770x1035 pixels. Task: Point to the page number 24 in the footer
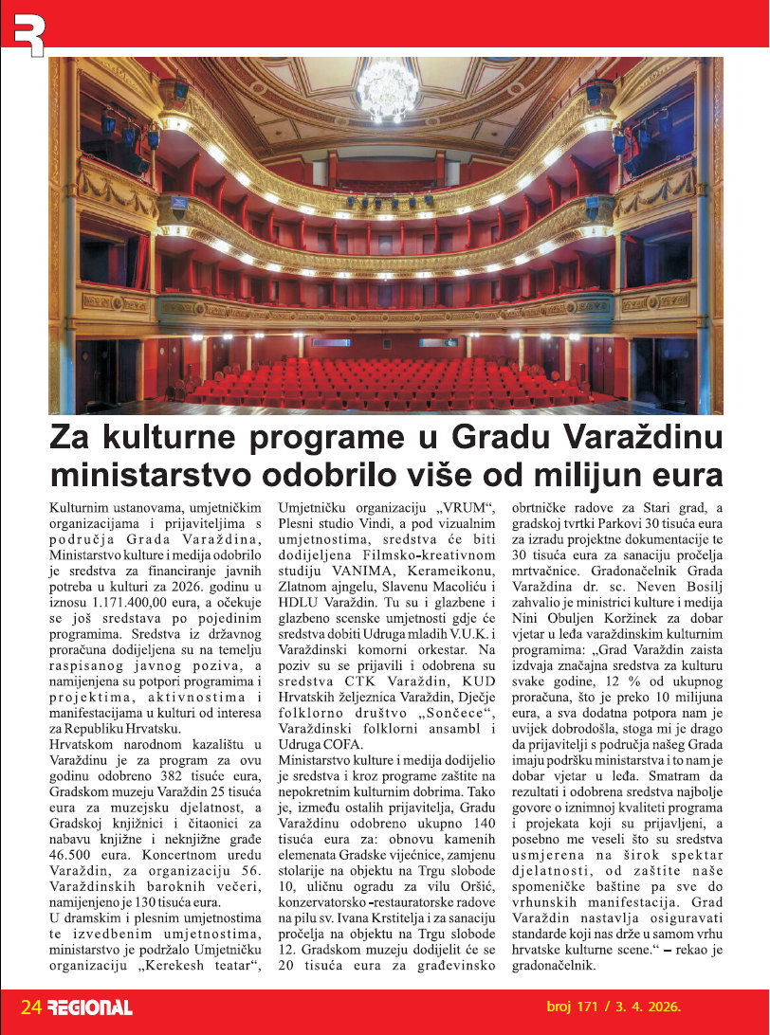click(31, 1007)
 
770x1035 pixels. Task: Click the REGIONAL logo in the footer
click(90, 1008)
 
